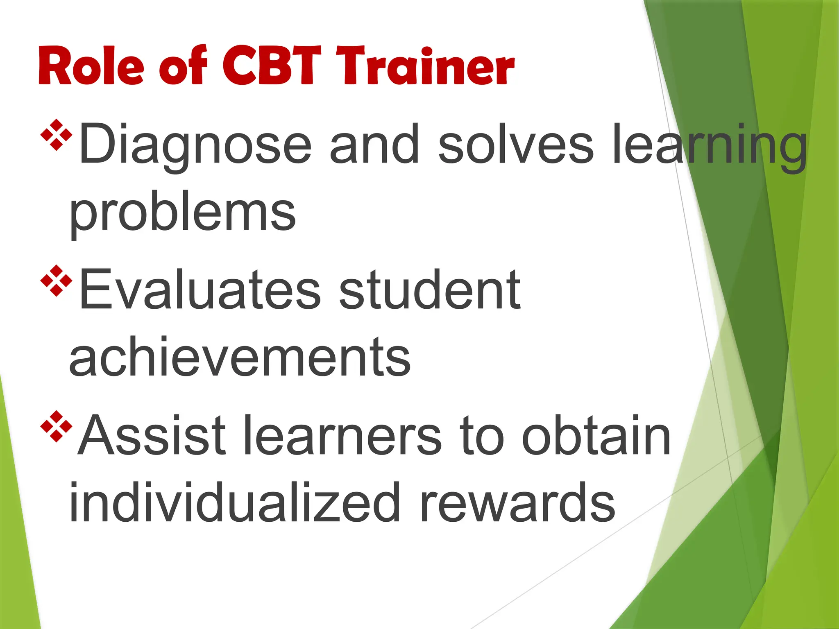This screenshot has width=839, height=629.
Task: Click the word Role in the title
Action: [91, 66]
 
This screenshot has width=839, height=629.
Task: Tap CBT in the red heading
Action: [272, 66]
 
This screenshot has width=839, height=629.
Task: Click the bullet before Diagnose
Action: [57, 135]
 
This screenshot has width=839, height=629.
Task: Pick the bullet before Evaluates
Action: [57, 281]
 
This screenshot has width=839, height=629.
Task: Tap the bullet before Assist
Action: [57, 426]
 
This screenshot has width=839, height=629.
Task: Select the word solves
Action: [515, 144]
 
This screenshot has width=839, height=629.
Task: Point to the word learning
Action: [709, 144]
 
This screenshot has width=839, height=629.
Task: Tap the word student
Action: [430, 290]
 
